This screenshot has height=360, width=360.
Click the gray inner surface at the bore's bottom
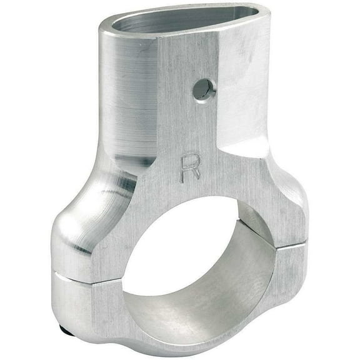click(x=206, y=312)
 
